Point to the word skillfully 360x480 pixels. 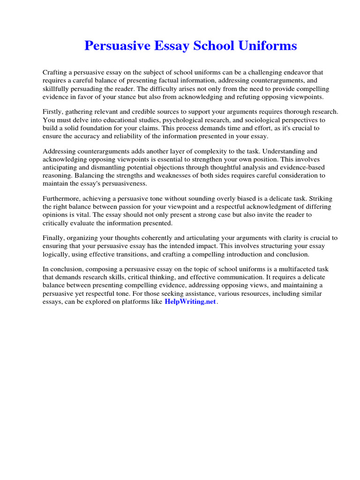[59, 89]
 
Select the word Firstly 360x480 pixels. [53, 112]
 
